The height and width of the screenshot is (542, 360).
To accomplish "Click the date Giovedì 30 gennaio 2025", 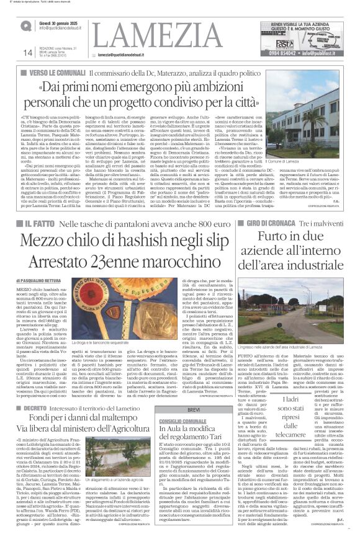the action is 59,22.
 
